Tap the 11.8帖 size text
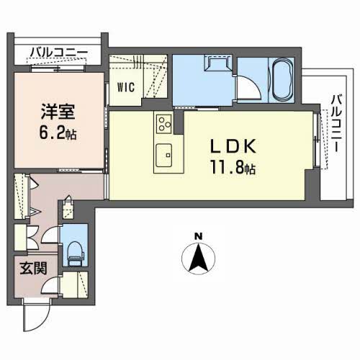pos(233,171)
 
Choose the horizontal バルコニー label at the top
pos(59,52)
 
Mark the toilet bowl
pos(73,249)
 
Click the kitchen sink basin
pos(165,154)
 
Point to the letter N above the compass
pos(199,235)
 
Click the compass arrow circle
pos(199,259)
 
